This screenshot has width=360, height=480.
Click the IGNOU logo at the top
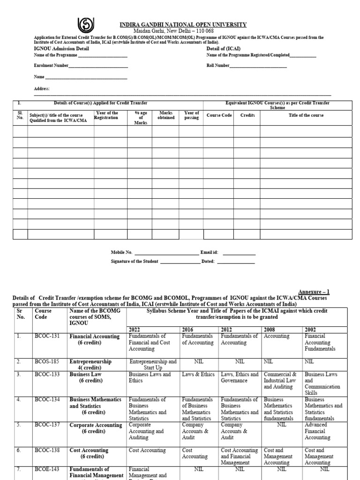(87, 24)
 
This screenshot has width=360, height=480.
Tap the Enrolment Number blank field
(98, 66)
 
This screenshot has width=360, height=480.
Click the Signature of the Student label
(135, 261)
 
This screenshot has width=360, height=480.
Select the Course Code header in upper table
(219, 115)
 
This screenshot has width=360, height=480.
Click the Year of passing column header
(191, 115)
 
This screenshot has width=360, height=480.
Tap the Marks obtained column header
(166, 115)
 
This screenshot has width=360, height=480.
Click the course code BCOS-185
(46, 362)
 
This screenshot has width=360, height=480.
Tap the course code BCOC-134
(46, 399)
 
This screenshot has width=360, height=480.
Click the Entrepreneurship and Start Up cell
(152, 365)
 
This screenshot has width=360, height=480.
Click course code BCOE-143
(46, 469)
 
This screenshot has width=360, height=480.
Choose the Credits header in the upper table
(247, 115)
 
